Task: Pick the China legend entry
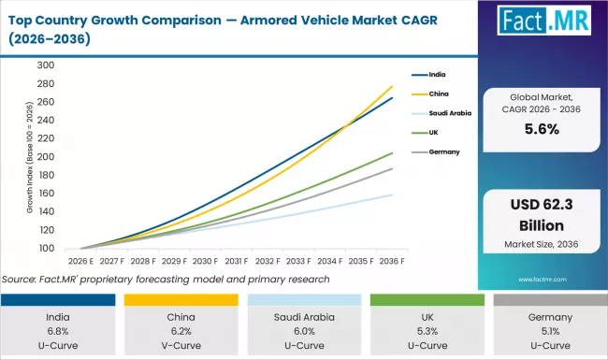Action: click(x=440, y=94)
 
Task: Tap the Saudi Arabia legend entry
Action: click(x=448, y=113)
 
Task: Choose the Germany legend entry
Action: click(x=445, y=151)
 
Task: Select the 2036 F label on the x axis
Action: click(x=391, y=262)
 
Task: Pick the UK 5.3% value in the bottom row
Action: click(x=427, y=331)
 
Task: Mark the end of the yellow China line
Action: click(x=391, y=86)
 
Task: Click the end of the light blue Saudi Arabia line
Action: click(x=391, y=194)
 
